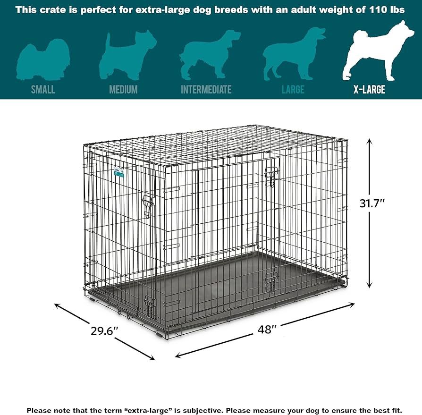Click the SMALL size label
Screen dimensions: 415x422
pyautogui.click(x=43, y=89)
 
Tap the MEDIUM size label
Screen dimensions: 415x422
pyautogui.click(x=123, y=89)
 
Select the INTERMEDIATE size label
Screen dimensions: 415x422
pyautogui.click(x=206, y=89)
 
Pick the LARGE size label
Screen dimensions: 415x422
pyautogui.click(x=293, y=89)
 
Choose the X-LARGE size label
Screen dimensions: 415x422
pyautogui.click(x=369, y=89)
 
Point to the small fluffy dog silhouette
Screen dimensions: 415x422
pyautogui.click(x=43, y=57)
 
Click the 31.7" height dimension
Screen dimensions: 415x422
pyautogui.click(x=372, y=204)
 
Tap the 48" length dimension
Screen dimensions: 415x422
pyautogui.click(x=267, y=330)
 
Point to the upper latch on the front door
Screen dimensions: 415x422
pyautogui.click(x=270, y=176)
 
